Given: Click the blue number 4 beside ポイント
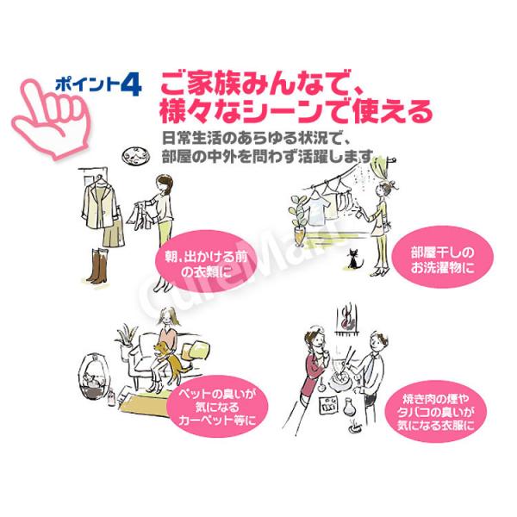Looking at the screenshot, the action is pyautogui.click(x=131, y=84).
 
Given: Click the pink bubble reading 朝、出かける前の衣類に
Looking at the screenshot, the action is pyautogui.click(x=206, y=262).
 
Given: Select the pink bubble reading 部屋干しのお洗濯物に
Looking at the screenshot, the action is pyautogui.click(x=442, y=257).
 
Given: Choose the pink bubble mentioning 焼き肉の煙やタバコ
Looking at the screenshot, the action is pyautogui.click(x=436, y=412).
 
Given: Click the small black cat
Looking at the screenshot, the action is pyautogui.click(x=354, y=258).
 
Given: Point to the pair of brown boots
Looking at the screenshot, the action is pyautogui.click(x=97, y=265).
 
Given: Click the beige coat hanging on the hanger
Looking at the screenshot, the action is pyautogui.click(x=100, y=205).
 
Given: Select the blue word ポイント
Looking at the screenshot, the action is pyautogui.click(x=86, y=84).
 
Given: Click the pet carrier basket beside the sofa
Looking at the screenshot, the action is pyautogui.click(x=94, y=376).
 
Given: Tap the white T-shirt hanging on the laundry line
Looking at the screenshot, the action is pyautogui.click(x=317, y=210).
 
